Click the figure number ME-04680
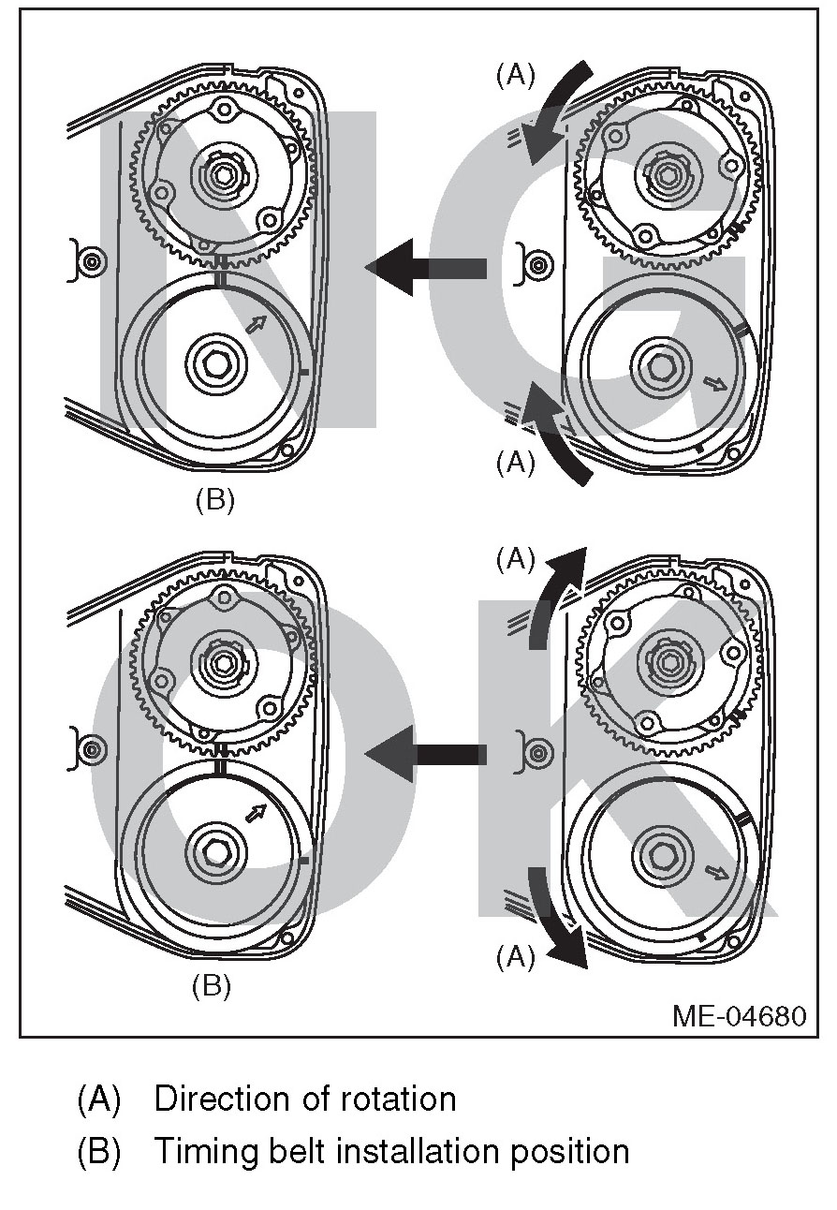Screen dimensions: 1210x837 tap(739, 1016)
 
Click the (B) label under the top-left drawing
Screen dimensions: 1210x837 tap(214, 500)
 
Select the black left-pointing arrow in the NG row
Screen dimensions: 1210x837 tap(425, 267)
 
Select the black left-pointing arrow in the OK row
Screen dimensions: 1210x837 tap(425, 751)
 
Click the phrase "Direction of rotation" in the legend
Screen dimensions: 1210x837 tap(305, 1099)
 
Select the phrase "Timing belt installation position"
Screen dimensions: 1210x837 tap(391, 1151)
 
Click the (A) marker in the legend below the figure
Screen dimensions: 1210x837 tap(99, 1099)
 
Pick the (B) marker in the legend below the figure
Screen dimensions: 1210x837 tap(99, 1151)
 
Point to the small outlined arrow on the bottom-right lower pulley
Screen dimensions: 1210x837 tap(717, 873)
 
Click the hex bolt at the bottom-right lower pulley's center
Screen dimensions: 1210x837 tap(662, 853)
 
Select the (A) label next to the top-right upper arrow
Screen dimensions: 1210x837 tap(516, 76)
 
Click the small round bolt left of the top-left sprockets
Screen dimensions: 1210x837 tap(91, 262)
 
